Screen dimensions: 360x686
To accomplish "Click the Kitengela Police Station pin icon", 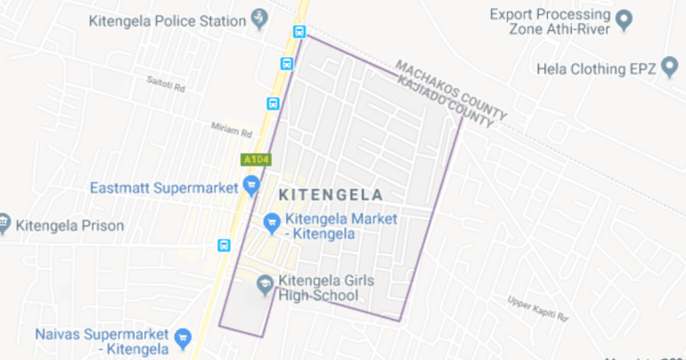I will [259, 17].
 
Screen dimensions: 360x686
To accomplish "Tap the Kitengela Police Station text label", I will [167, 20].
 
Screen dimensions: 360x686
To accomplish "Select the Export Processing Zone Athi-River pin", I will [625, 20].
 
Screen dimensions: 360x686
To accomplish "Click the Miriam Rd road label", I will [232, 130].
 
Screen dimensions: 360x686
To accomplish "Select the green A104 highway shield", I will [255, 160].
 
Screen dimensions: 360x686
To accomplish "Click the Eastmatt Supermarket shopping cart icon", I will [251, 186].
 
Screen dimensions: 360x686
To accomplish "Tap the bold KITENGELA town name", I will [331, 194].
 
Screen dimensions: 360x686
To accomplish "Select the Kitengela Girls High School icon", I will [265, 285].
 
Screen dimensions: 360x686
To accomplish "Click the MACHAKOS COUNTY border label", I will [452, 89].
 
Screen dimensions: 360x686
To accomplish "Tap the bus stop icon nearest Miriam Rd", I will [273, 103].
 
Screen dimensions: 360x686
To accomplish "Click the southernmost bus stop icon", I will [224, 245].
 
